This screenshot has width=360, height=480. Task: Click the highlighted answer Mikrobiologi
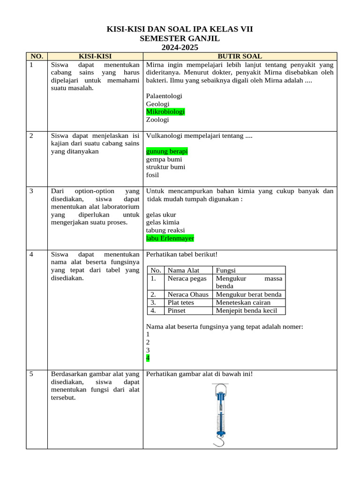pos(165,112)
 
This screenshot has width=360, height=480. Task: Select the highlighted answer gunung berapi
pos(167,151)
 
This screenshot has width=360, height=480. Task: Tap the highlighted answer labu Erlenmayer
pos(170,238)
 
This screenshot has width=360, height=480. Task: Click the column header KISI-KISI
pos(95,56)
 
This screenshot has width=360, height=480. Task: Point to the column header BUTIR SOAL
pos(240,56)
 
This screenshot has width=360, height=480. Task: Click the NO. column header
pos(37,56)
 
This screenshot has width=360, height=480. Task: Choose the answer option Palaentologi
pos(164,96)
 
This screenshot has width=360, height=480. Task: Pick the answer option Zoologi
pos(157,120)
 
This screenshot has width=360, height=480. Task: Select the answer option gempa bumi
pos(164,159)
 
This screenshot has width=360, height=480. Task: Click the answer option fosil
pos(152,175)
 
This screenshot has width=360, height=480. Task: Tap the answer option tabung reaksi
pos(165,230)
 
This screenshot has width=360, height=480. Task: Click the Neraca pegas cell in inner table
pos(187,278)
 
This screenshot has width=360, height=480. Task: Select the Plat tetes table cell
pos(180,302)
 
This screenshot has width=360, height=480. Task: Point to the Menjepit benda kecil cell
pos(247,310)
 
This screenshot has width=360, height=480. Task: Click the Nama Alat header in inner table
pos(183,270)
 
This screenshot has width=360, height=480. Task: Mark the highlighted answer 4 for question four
pos(148,358)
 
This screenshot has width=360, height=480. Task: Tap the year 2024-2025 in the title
pos(180,47)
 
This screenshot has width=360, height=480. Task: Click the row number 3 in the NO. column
pos(31,191)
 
